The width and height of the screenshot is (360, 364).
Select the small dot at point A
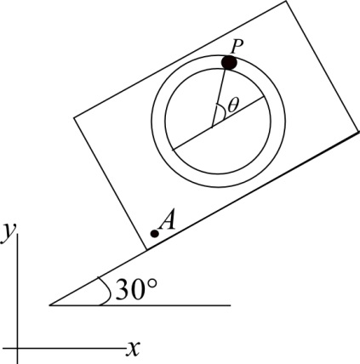pos(154,233)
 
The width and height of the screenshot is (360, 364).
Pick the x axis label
pos(133,347)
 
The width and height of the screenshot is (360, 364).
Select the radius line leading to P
pos(220,92)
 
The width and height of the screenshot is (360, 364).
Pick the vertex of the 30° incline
pos(51,304)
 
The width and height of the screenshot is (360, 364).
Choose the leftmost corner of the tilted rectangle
pos(75,116)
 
